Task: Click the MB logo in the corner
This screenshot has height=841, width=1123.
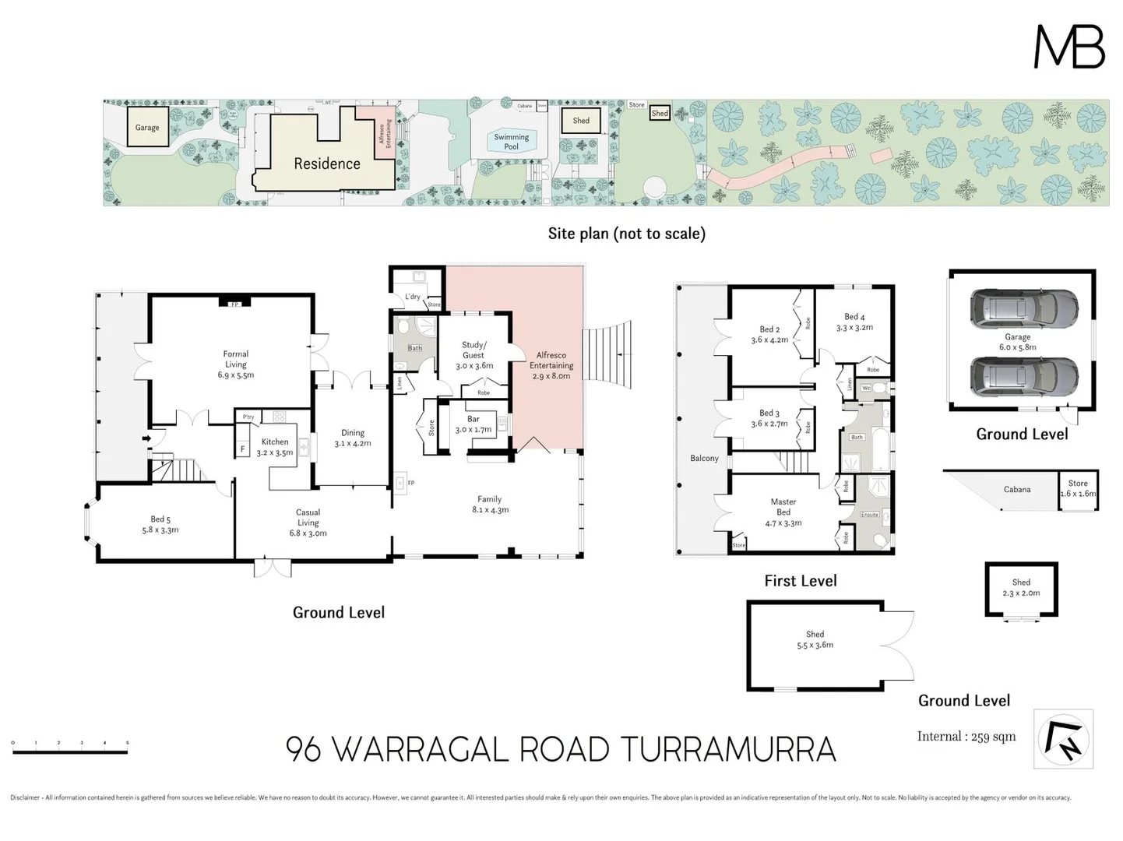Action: [x=1068, y=47]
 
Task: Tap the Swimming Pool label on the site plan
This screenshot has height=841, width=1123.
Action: [x=511, y=142]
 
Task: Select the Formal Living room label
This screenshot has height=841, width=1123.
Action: [x=235, y=364]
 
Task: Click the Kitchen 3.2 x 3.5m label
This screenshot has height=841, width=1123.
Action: [x=274, y=447]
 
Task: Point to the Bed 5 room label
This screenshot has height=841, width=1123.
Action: [x=160, y=524]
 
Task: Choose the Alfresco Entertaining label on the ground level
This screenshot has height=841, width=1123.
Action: [x=551, y=365]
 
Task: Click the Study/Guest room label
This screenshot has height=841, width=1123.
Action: [x=473, y=355]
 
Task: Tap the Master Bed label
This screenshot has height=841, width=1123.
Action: [x=783, y=512]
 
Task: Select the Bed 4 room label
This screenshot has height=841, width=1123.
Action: [x=854, y=322]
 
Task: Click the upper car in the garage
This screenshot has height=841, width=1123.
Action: [x=1023, y=308]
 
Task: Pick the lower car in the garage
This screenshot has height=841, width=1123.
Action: [x=1023, y=377]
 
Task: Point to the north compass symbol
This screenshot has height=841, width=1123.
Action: [x=1063, y=739]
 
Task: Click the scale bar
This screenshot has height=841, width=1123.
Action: [x=70, y=743]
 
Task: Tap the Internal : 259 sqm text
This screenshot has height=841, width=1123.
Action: [x=966, y=737]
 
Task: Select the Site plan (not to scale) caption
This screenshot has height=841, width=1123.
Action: [x=626, y=234]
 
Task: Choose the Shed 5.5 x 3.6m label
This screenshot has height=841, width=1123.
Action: [x=815, y=639]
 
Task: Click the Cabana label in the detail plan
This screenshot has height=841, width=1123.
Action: [x=1016, y=490]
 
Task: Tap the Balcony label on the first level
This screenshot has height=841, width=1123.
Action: [x=704, y=459]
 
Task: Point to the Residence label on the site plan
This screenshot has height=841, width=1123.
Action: [x=326, y=164]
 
